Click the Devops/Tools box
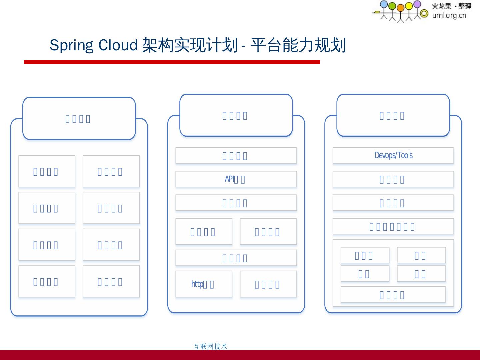tap(393, 155)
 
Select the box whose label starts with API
tap(236, 179)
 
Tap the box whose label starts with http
tap(204, 284)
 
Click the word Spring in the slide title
tap(71, 46)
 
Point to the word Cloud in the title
tap(118, 45)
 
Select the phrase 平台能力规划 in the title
tap(298, 45)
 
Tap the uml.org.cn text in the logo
tap(449, 15)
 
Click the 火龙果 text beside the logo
tap(441, 6)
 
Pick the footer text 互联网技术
tap(210, 346)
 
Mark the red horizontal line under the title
tap(172, 62)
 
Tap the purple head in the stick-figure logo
tap(417, 4)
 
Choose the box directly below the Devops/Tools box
tap(393, 179)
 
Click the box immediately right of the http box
tap(268, 284)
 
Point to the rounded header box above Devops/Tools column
tap(393, 115)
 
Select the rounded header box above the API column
tap(236, 115)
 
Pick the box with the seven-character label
tap(393, 227)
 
